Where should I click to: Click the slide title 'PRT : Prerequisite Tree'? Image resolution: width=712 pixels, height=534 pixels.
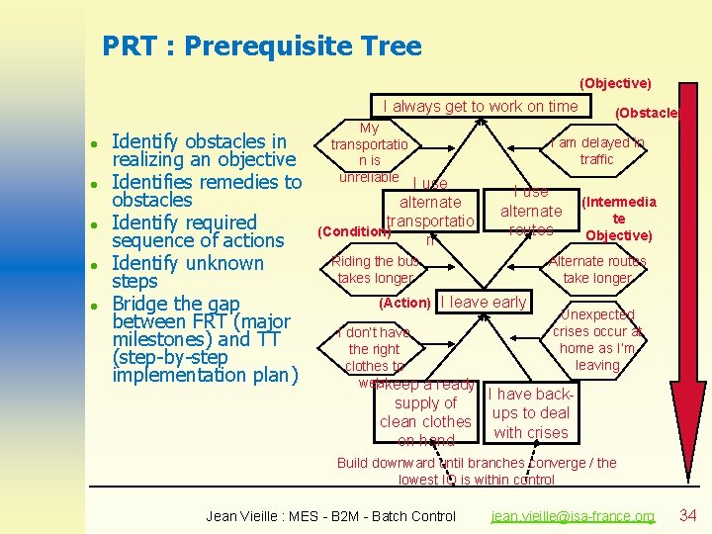coord(262,45)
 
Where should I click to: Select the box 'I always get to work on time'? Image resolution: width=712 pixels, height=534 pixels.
coord(481,106)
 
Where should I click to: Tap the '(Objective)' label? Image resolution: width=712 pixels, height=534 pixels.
coord(615,83)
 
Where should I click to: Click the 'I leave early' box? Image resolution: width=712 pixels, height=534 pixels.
coord(484,303)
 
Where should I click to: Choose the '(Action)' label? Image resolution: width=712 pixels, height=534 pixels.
coord(405,303)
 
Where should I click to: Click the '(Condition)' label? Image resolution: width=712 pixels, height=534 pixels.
coord(352,231)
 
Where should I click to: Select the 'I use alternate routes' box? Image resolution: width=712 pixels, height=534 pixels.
coord(531,211)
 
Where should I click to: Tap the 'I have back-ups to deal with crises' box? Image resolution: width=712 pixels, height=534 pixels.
coord(531,413)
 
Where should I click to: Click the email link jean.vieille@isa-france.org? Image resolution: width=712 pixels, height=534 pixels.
coord(573,516)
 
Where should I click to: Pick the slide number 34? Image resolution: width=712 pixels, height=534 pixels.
coord(688,515)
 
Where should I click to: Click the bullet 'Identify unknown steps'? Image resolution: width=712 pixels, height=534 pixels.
coord(188,272)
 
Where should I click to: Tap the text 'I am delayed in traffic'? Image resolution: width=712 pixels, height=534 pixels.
coord(596,151)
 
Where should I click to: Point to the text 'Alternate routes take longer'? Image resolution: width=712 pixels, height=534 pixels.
coord(597,270)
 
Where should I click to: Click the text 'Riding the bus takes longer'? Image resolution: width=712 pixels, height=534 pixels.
coord(376,270)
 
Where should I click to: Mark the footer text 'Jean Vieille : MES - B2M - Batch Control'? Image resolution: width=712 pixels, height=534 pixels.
coord(330,516)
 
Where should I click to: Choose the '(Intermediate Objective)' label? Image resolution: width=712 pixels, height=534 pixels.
coord(618,219)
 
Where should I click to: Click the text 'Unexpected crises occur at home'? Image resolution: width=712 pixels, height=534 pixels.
coord(597,339)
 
